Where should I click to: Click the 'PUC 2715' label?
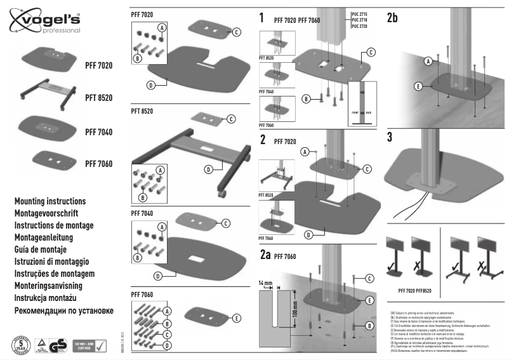pyautogui.click(x=359, y=13)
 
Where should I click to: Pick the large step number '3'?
pyautogui.click(x=390, y=137)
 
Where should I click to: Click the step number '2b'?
pyautogui.click(x=392, y=18)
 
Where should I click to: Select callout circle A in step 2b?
pyautogui.click(x=428, y=60)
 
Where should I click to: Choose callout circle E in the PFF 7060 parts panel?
pyautogui.click(x=236, y=318)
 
